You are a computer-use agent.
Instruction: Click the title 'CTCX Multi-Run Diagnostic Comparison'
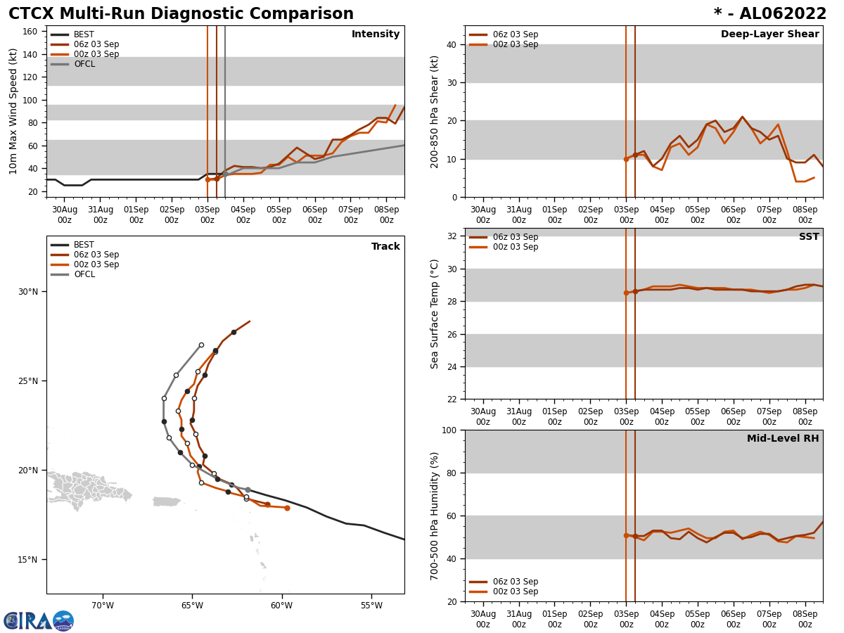pyautogui.click(x=181, y=14)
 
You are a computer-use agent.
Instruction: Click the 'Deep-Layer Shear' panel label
pyautogui.click(x=769, y=34)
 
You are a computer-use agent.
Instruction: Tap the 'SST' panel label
pyautogui.click(x=809, y=237)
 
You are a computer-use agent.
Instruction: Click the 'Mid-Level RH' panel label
pyautogui.click(x=783, y=439)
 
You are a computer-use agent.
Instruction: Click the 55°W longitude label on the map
pyautogui.click(x=371, y=606)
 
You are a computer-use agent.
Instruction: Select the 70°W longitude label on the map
pyautogui.click(x=103, y=606)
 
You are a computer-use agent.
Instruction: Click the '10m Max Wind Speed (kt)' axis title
pyautogui.click(x=13, y=111)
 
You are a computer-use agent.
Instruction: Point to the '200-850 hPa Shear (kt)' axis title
pyautogui.click(x=435, y=111)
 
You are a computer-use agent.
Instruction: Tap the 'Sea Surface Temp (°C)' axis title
pyautogui.click(x=435, y=314)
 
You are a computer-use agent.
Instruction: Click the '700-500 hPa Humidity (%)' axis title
pyautogui.click(x=435, y=516)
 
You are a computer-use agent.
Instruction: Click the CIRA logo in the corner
pyautogui.click(x=38, y=621)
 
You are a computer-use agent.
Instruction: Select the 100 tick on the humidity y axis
pyautogui.click(x=449, y=430)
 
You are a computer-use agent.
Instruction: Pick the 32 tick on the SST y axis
pyautogui.click(x=453, y=236)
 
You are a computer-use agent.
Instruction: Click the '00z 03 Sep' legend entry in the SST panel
pyautogui.click(x=515, y=247)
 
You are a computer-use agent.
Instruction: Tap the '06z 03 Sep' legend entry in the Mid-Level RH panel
pyautogui.click(x=515, y=582)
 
